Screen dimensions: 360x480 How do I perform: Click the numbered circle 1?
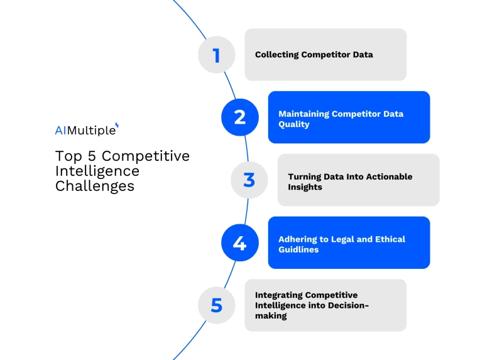(216, 55)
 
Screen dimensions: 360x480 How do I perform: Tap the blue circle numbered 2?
(239, 117)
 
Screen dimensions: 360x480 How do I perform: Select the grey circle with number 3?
(249, 180)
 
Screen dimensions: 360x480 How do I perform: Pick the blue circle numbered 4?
(239, 243)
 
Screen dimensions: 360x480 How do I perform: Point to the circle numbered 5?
(216, 305)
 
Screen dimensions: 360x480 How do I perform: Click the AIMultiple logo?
(86, 130)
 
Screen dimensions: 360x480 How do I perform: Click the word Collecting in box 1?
(276, 55)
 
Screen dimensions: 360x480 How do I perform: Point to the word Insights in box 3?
(305, 187)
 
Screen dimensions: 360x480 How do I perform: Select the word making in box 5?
(271, 316)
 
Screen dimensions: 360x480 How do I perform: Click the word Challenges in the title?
(94, 186)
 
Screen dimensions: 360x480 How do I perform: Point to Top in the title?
(67, 156)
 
